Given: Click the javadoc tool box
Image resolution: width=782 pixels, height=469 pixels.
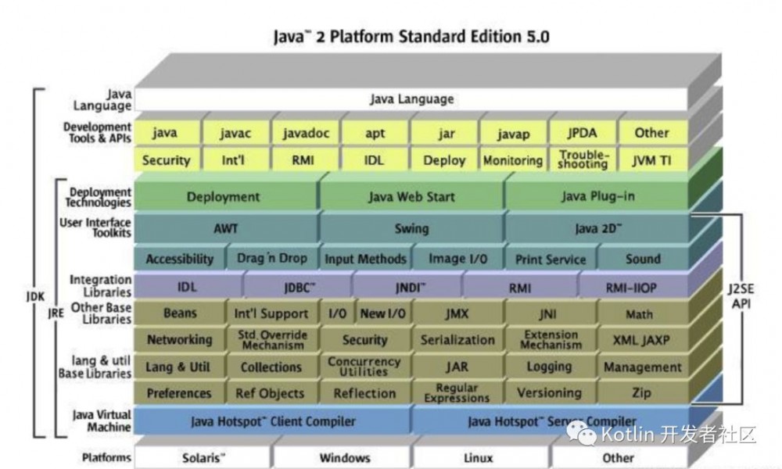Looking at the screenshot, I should pyautogui.click(x=306, y=133).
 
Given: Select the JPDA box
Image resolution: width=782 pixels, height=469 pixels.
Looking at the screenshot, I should pyautogui.click(x=582, y=133).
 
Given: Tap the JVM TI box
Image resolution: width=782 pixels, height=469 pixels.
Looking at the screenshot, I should pyautogui.click(x=651, y=160).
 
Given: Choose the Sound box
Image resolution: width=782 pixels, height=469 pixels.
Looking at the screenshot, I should pyautogui.click(x=642, y=259).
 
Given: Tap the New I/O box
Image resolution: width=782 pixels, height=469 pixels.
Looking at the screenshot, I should pyautogui.click(x=382, y=314).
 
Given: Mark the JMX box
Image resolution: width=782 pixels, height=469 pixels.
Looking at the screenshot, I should pyautogui.click(x=457, y=314).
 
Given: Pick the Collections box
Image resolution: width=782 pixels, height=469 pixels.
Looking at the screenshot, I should pyautogui.click(x=271, y=367).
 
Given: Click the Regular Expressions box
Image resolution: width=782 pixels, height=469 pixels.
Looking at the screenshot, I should pyautogui.click(x=457, y=393).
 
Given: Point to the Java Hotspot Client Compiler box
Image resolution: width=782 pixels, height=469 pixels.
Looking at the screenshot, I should pyautogui.click(x=272, y=422).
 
